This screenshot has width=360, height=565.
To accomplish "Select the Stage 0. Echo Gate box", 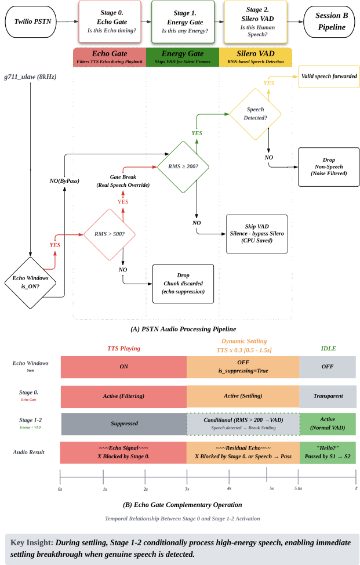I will [110, 22].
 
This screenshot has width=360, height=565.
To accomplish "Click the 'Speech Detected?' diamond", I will [256, 113].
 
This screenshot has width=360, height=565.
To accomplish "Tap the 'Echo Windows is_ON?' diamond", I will [30, 282].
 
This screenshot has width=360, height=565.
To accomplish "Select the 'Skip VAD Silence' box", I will [256, 234].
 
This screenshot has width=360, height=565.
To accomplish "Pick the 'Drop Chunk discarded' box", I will [183, 284].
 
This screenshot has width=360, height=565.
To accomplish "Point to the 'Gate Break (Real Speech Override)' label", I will [122, 180].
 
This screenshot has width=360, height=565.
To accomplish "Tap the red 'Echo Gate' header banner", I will [110, 57].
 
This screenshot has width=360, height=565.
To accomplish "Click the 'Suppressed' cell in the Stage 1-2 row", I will [123, 423].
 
